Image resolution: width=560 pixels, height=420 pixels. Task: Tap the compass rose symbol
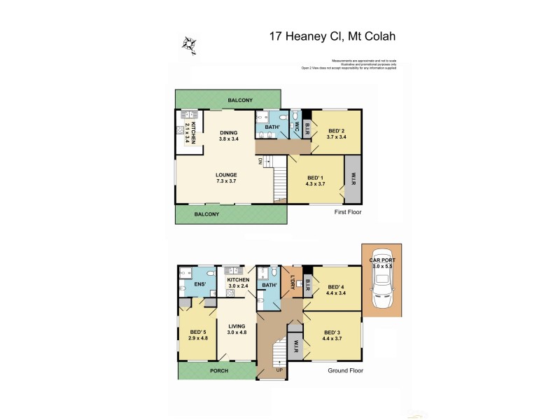[189, 45]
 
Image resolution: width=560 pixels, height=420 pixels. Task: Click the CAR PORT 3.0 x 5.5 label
[382, 264]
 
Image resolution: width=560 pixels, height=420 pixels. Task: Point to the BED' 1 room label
[316, 181]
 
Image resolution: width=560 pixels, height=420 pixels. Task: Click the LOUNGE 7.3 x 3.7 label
[226, 178]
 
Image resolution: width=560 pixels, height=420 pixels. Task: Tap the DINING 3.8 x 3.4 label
[229, 136]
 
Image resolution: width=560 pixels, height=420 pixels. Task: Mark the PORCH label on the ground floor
[219, 371]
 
